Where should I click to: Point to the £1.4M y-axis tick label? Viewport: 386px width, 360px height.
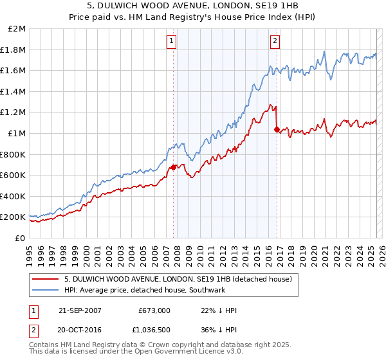(14, 91)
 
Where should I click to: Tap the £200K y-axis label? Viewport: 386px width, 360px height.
(14, 217)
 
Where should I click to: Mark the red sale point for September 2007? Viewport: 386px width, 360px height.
(173, 167)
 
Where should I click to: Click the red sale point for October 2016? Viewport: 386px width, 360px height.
(277, 129)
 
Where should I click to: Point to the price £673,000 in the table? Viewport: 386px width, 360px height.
(154, 310)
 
